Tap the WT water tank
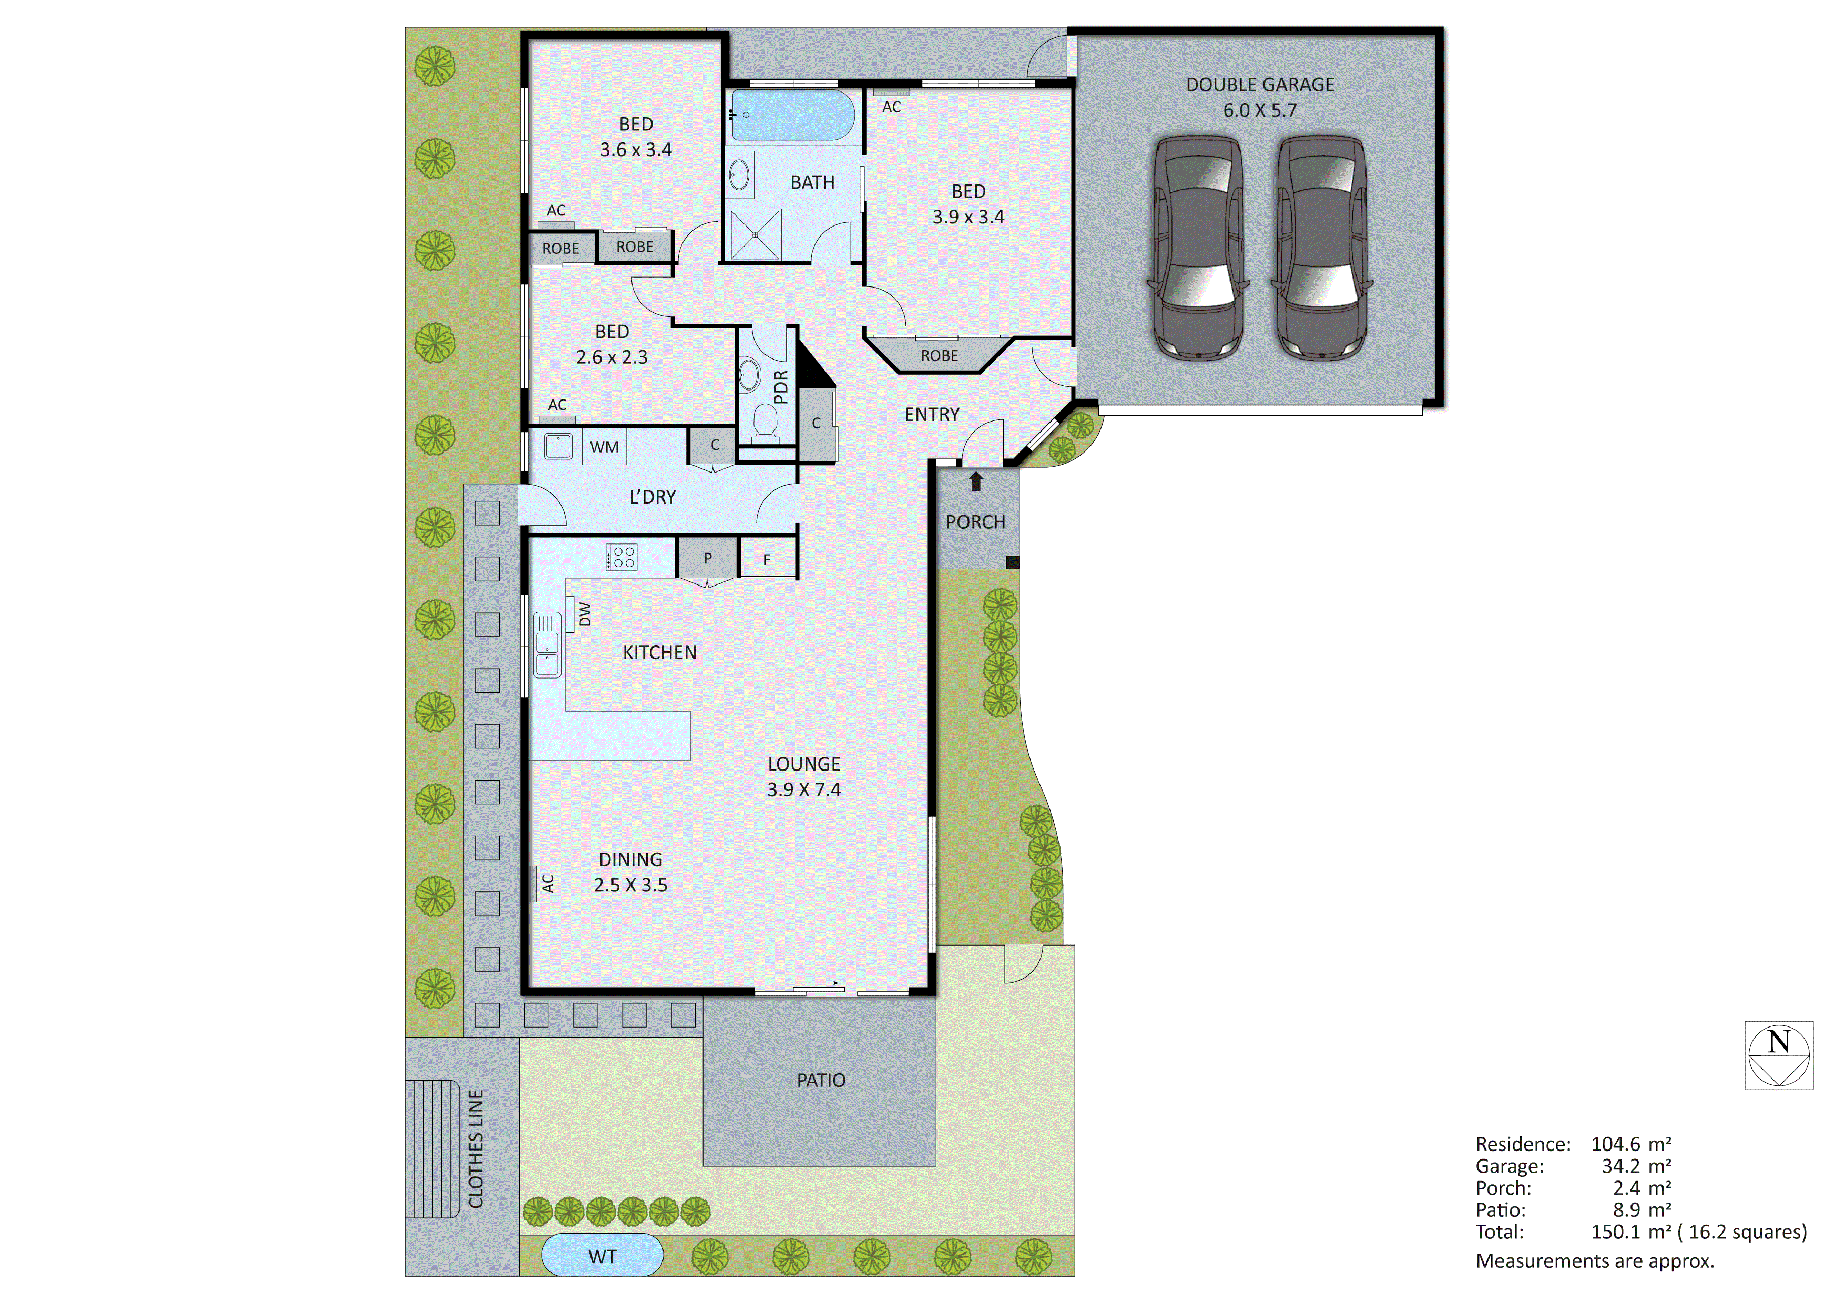603,1257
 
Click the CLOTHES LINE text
476,1149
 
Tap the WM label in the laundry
604,447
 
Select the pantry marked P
707,558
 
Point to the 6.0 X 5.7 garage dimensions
1259,110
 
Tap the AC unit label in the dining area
547,884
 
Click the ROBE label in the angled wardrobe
940,356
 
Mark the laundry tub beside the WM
558,446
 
